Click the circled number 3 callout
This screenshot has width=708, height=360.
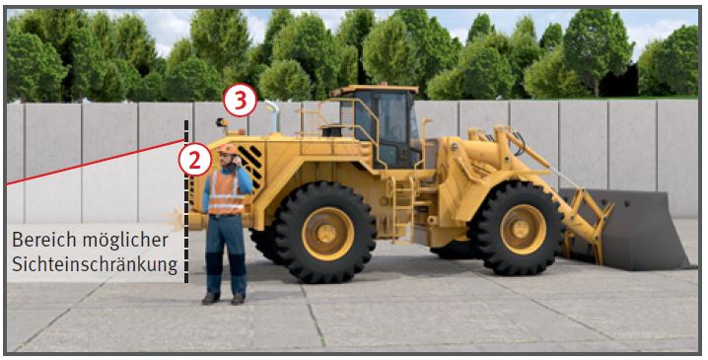pos(241,101)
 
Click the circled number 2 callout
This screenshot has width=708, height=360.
pos(195,160)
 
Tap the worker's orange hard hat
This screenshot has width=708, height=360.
pos(228,149)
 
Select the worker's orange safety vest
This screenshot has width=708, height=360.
pos(226,192)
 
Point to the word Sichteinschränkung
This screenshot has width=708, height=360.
pos(95,265)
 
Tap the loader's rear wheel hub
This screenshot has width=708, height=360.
pos(327,234)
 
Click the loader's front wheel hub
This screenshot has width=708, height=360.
pos(524,230)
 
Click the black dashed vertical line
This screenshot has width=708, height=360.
pos(186,201)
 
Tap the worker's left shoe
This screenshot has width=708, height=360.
pos(238,299)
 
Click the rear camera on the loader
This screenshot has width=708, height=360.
pos(222,122)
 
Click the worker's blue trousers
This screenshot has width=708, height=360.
pos(227,255)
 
